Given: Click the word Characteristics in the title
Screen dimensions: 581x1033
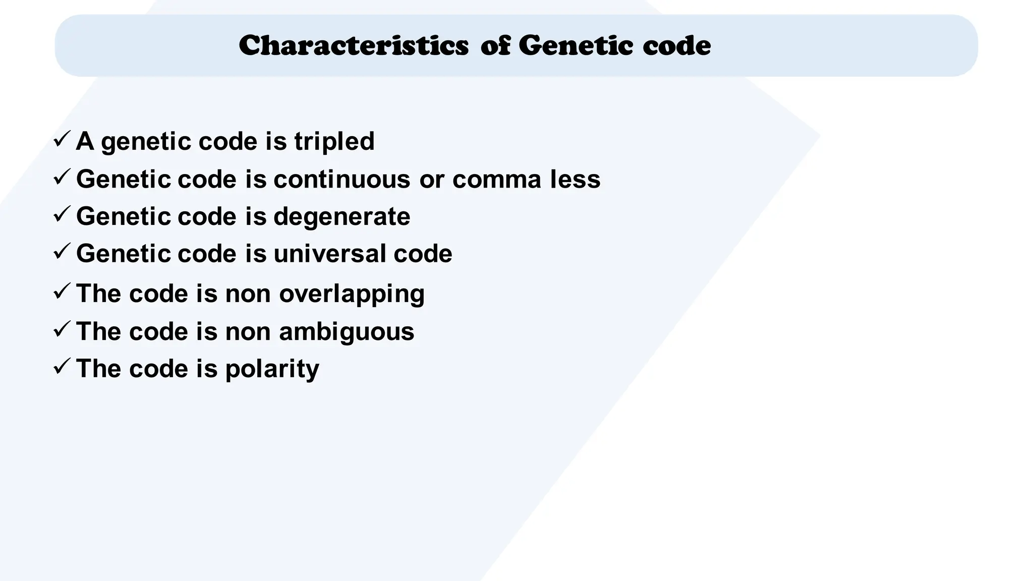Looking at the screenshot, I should (354, 46).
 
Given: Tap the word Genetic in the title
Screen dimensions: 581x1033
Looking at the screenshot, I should (576, 46).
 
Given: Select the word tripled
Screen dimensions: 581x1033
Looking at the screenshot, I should (334, 141).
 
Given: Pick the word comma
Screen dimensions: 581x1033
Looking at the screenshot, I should (497, 179).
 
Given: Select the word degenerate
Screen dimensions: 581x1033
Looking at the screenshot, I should (342, 216).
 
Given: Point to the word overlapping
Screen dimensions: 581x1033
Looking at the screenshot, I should (352, 294).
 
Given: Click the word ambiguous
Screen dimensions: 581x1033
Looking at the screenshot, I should (347, 332).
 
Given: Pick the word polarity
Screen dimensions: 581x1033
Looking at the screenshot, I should (272, 369).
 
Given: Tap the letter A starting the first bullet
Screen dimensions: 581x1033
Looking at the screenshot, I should (85, 141).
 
